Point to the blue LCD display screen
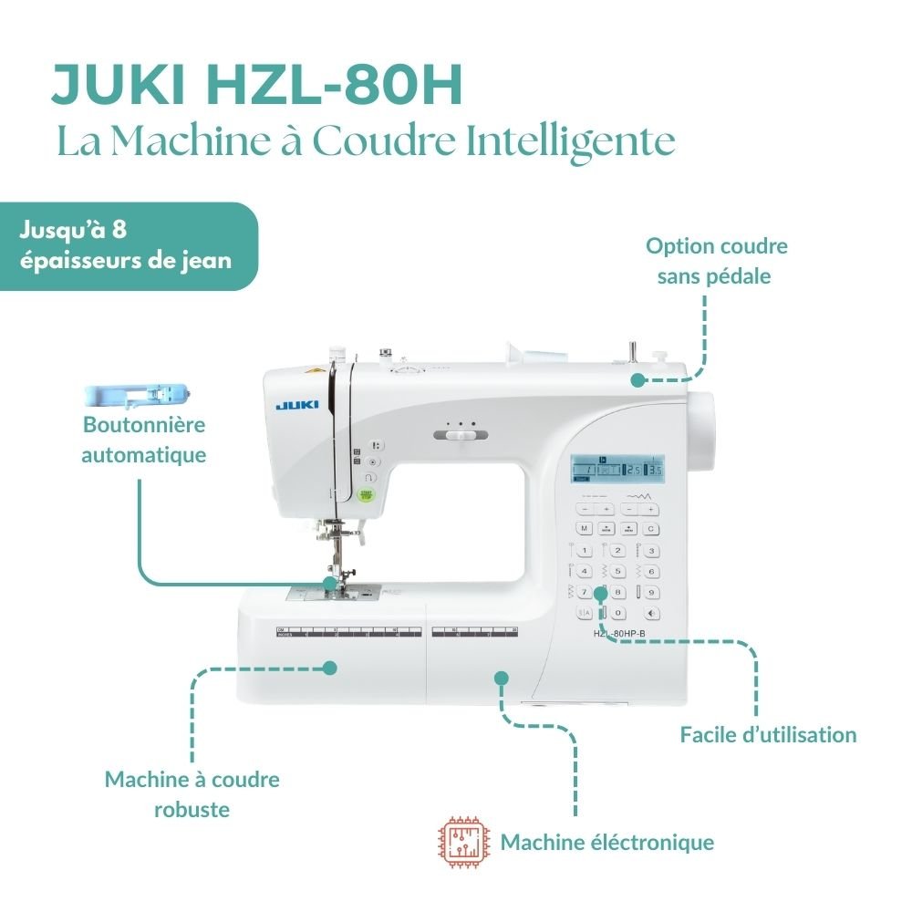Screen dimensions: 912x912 (x=617, y=468)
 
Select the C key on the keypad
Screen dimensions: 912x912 (x=651, y=528)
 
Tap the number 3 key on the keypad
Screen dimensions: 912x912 (x=651, y=550)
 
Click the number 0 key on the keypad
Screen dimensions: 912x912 (x=617, y=613)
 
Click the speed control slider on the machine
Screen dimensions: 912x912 (x=461, y=436)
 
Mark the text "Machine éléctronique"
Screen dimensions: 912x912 (x=606, y=842)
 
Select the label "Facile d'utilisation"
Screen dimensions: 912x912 (x=768, y=734)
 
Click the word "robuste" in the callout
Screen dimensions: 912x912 (x=192, y=809)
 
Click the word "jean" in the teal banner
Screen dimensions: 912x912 (x=205, y=259)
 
